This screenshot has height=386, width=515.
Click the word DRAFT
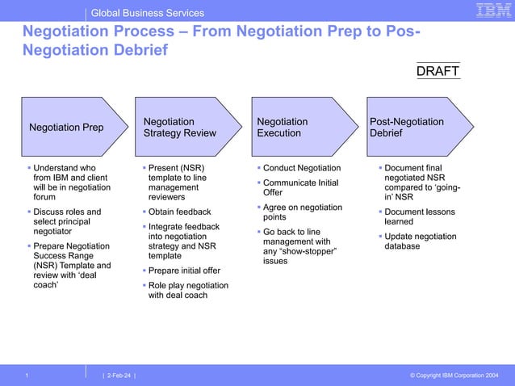(x=438, y=72)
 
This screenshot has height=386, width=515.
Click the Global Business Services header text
(x=147, y=13)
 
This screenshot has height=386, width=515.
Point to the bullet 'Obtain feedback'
(x=179, y=212)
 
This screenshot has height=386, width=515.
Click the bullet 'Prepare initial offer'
(x=184, y=271)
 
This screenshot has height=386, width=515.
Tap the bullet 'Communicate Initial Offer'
(x=299, y=187)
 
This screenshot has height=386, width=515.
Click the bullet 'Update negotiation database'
(x=420, y=241)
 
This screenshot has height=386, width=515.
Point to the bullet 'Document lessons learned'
(x=420, y=216)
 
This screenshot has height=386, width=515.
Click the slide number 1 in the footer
(x=27, y=375)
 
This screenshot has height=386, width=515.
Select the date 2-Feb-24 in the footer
(x=119, y=375)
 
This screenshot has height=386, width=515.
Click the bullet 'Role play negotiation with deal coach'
(x=188, y=290)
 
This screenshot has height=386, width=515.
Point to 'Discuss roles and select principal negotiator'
(x=68, y=221)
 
